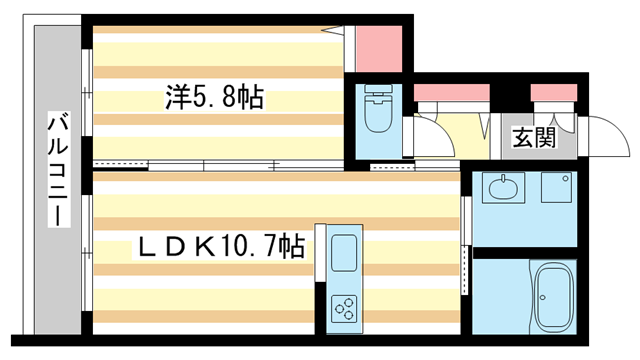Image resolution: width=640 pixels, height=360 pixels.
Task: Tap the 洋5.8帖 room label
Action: [x=214, y=98]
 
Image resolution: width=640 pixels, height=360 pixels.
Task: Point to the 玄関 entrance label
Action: [x=533, y=138]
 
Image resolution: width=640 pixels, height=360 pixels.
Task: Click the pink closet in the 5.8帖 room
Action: [x=379, y=44]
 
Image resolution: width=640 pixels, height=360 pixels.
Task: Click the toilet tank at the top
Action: [x=379, y=93]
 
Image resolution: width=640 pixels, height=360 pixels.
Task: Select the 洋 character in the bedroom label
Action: [x=177, y=98]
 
